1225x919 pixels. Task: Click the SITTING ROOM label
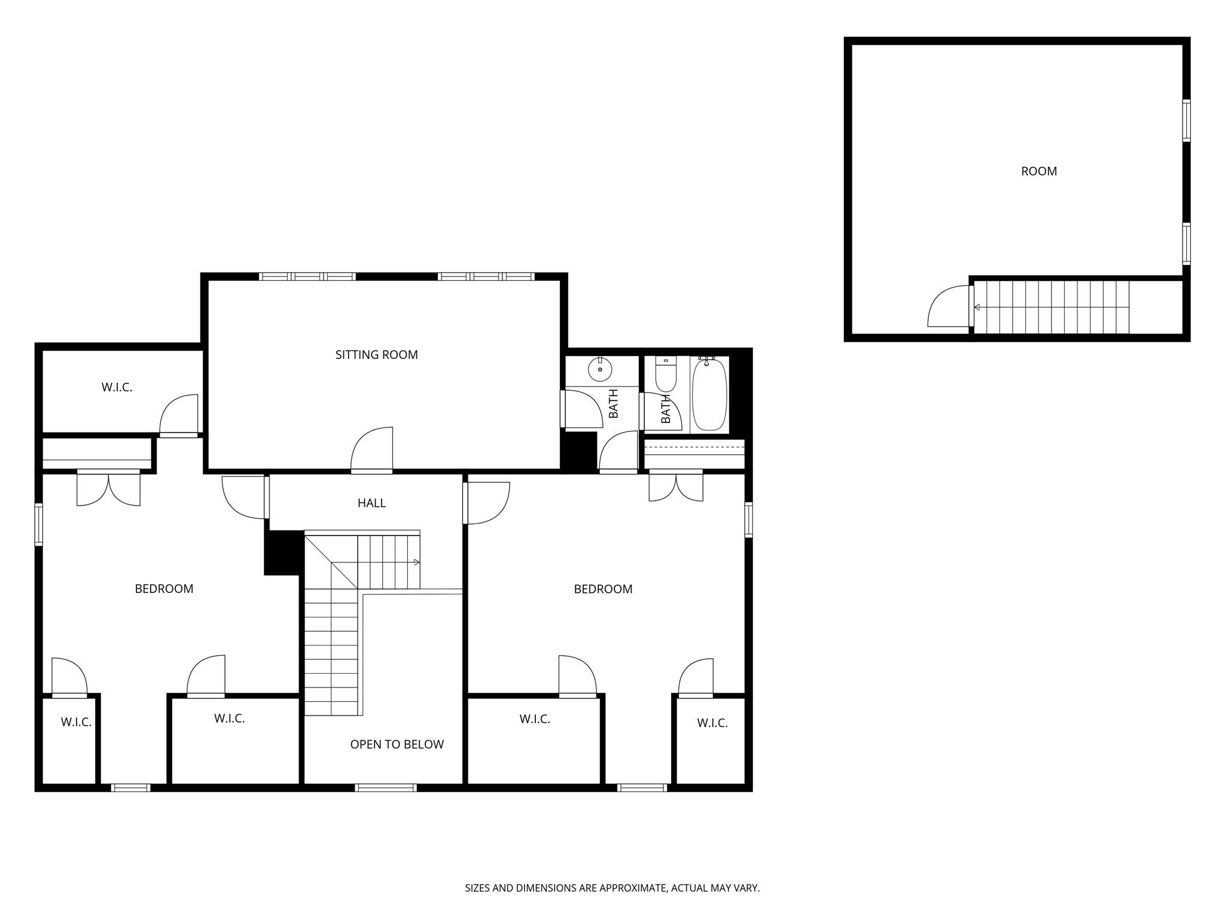(x=376, y=355)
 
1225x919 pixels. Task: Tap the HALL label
(x=371, y=503)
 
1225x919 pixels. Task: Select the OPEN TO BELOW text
(x=397, y=744)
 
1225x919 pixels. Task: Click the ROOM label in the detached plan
(x=1038, y=171)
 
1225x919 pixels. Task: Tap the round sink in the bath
(x=599, y=370)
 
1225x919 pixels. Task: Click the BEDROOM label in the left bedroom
(x=164, y=589)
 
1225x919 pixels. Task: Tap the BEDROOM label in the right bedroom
(x=603, y=589)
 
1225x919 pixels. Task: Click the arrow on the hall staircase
(x=416, y=562)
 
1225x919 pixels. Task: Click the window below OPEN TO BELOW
(x=385, y=788)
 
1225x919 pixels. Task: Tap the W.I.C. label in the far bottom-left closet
(x=76, y=722)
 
